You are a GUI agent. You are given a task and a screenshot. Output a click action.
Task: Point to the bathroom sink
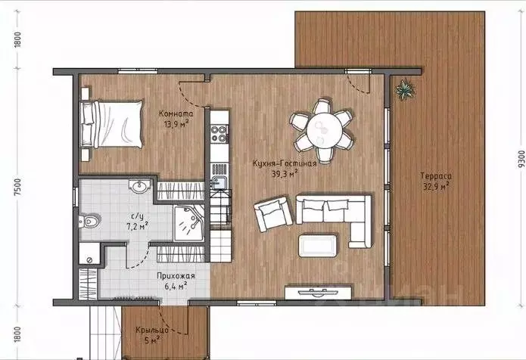point(139,187)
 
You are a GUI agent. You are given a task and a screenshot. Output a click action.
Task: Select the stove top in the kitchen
point(220,135)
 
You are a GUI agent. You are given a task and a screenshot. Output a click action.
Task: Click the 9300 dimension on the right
point(517,160)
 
